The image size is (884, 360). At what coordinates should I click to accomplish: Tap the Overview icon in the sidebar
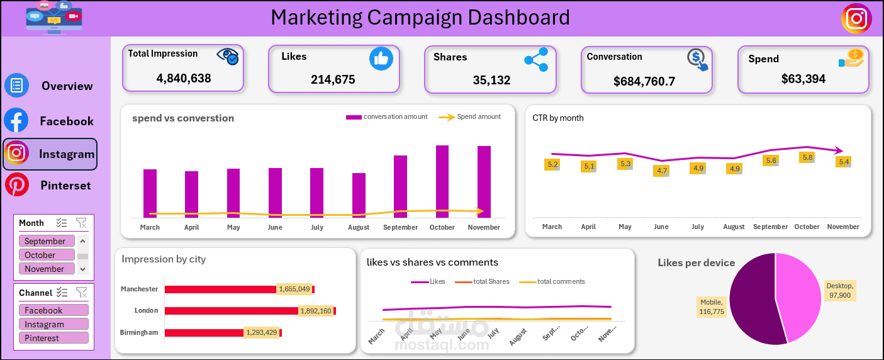point(16,86)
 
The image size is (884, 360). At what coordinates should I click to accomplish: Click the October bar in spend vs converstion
point(442,181)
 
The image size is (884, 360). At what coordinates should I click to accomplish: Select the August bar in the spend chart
point(359,195)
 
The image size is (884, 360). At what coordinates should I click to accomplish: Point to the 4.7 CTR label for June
point(661,171)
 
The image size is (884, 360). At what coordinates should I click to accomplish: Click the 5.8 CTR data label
point(807,157)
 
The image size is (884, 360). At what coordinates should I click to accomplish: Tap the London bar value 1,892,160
point(316,311)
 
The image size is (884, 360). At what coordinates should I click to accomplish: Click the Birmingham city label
point(139,332)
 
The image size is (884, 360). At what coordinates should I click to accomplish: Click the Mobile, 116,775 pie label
point(712,307)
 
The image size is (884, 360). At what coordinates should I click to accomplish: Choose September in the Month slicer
point(47,241)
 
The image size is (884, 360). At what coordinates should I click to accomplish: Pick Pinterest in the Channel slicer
point(53,338)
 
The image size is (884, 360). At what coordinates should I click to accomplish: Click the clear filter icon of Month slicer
point(81,223)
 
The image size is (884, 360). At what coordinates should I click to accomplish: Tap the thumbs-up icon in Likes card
point(381,59)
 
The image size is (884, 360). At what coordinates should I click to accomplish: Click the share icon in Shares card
point(535,60)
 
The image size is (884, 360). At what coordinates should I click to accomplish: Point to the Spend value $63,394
point(803,79)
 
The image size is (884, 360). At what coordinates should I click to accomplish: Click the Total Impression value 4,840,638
point(183,79)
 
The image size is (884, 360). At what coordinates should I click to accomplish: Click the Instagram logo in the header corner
point(856,18)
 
